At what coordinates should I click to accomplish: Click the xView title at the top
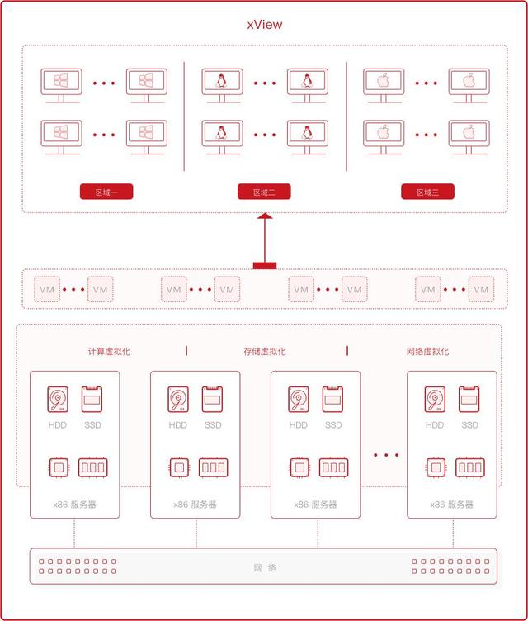[x=264, y=24]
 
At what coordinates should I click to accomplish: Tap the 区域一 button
[x=106, y=192]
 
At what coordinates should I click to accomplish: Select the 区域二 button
[x=265, y=192]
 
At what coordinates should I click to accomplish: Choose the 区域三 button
[x=427, y=192]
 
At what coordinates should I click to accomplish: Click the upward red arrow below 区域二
[x=265, y=239]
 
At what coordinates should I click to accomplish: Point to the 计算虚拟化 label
[x=109, y=351]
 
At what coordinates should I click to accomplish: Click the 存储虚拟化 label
[x=265, y=351]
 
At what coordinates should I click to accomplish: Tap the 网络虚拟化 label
[x=427, y=351]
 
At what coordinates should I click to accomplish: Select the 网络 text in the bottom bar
[x=265, y=568]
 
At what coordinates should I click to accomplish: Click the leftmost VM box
[x=47, y=290]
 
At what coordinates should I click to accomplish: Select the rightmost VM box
[x=481, y=290]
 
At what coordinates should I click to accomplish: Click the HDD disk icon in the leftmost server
[x=58, y=399]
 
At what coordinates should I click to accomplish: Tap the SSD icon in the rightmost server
[x=470, y=399]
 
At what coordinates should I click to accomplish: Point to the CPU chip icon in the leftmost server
[x=58, y=467]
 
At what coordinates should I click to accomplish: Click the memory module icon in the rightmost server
[x=470, y=467]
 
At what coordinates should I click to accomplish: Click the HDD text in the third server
[x=298, y=425]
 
